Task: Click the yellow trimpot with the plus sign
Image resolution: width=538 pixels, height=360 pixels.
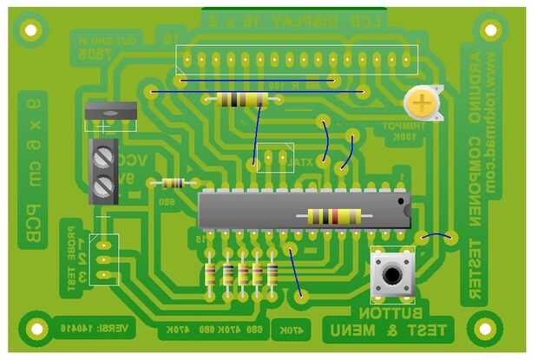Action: [422, 105]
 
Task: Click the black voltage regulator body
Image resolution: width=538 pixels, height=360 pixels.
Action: [110, 112]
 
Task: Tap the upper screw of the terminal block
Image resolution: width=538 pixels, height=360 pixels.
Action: [105, 157]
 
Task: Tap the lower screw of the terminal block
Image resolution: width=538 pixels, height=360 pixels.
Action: [105, 185]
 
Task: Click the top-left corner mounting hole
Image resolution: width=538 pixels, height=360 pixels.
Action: [30, 30]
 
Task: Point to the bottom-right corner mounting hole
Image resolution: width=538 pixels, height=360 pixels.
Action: [484, 328]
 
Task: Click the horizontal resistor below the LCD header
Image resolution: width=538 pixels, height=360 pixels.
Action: [241, 99]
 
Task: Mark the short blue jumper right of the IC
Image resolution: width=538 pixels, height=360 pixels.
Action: [437, 235]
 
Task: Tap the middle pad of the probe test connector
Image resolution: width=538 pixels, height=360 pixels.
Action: [103, 259]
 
